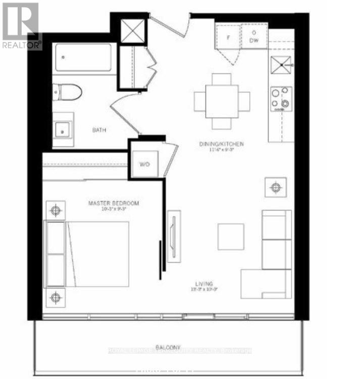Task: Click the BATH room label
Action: (x=99, y=130)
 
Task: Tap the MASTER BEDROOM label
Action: (x=114, y=203)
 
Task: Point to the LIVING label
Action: (x=205, y=284)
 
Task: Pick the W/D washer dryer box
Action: (x=144, y=165)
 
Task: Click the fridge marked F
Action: (x=228, y=37)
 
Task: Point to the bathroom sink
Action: (x=63, y=129)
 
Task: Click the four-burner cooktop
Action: (x=281, y=98)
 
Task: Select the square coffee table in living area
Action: (x=231, y=236)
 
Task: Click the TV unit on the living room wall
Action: (x=174, y=236)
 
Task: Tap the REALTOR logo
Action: (x=20, y=25)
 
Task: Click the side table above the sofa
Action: (x=275, y=187)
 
